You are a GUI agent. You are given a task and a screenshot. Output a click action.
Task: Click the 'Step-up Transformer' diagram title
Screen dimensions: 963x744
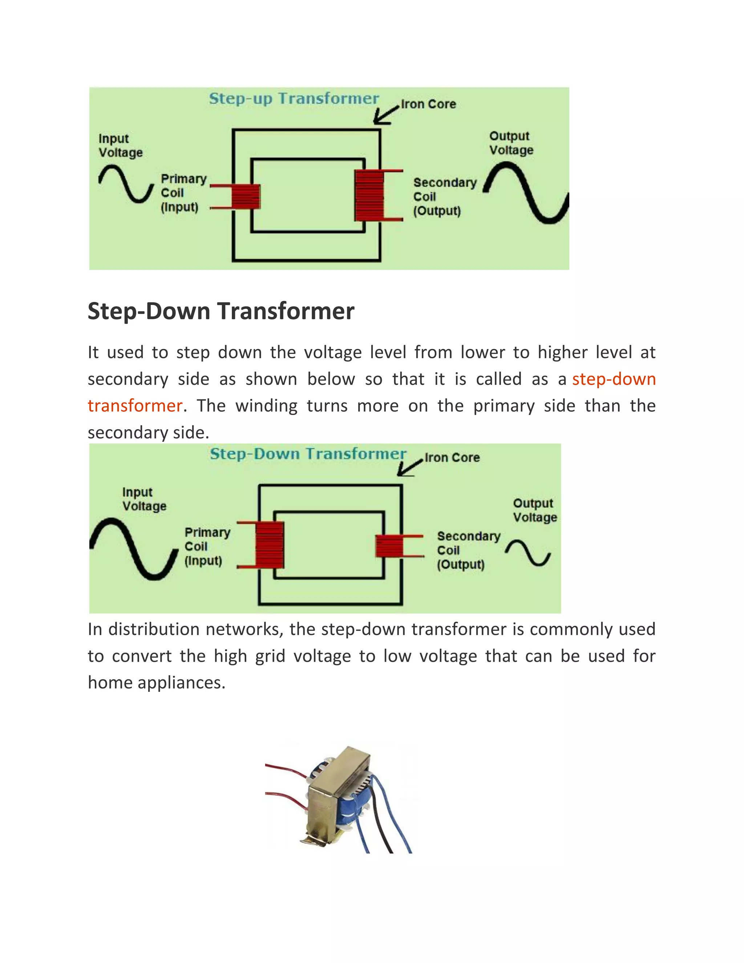click(x=294, y=98)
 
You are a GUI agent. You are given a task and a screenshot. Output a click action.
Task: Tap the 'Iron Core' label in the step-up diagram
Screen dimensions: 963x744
click(x=428, y=104)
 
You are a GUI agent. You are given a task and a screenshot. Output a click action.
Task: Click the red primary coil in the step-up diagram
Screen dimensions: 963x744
click(x=246, y=197)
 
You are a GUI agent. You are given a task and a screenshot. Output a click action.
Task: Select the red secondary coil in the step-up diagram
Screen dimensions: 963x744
click(x=369, y=196)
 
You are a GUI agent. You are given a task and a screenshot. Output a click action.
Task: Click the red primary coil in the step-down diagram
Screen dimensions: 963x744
click(x=269, y=545)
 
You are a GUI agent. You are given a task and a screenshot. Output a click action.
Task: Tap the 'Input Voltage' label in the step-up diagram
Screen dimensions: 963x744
click(x=120, y=145)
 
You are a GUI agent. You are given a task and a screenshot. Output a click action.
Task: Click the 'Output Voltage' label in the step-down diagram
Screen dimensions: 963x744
click(x=535, y=510)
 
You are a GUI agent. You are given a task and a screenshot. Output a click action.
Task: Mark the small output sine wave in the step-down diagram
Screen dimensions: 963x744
click(x=527, y=552)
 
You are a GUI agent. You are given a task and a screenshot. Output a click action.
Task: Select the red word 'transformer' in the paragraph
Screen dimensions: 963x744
click(x=135, y=406)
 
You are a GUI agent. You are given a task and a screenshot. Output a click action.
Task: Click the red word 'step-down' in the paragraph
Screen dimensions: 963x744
click(x=614, y=379)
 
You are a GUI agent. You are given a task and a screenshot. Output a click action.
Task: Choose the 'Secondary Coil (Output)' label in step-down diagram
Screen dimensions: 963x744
click(x=468, y=550)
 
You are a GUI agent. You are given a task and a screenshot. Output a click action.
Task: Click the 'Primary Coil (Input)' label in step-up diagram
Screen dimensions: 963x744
click(x=183, y=193)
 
